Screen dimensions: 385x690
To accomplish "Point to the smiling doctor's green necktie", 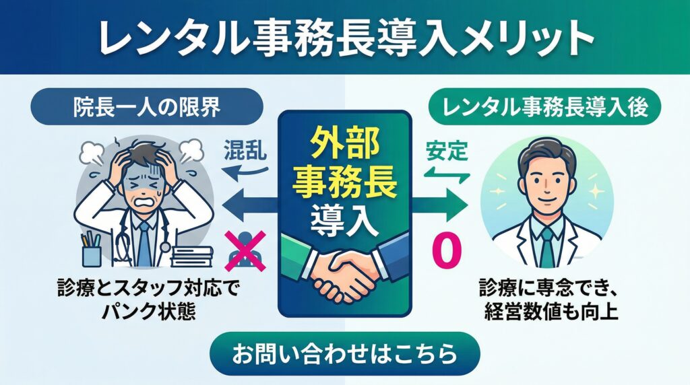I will coord(547,246).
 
